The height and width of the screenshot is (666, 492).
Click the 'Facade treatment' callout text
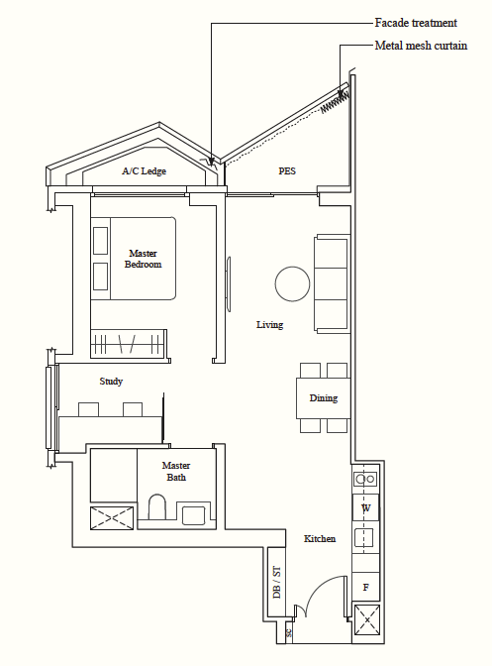[x=416, y=23]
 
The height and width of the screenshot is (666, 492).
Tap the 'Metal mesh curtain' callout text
[x=421, y=46]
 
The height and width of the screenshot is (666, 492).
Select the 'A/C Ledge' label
[x=144, y=171]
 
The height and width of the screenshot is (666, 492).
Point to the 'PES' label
[x=287, y=171]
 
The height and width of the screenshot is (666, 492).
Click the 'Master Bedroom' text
[x=143, y=259]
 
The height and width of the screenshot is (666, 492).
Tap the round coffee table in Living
[x=292, y=283]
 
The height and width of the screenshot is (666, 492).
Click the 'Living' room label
[x=269, y=325]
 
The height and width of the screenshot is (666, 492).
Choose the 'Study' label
[x=111, y=381]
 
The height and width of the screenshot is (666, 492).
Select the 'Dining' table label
[x=324, y=398]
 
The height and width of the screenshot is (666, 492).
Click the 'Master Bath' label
[x=176, y=472]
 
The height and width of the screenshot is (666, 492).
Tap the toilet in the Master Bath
[x=157, y=506]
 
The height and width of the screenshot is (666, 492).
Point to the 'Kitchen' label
[x=320, y=538]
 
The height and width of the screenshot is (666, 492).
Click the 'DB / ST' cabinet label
[x=276, y=582]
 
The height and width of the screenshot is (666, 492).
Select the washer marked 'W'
[x=365, y=507]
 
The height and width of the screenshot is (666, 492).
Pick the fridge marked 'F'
[x=365, y=587]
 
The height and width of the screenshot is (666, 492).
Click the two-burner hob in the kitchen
[x=365, y=479]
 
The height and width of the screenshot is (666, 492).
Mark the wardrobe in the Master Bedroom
[x=129, y=344]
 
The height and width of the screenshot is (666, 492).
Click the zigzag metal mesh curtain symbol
[x=335, y=102]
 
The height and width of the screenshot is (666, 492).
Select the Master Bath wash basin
[x=193, y=515]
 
